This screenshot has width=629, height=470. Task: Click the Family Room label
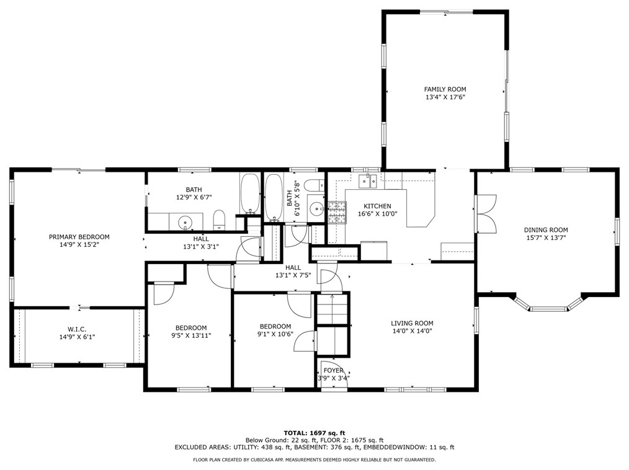pos(445,89)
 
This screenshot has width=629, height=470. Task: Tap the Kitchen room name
pos(377,206)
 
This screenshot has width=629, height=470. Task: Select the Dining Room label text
pos(546,230)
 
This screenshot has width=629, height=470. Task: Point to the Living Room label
pos(412,323)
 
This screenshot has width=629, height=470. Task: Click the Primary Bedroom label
pos(79,237)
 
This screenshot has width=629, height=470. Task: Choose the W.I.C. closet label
pos(77,329)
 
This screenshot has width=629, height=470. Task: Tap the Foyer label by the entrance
pos(333,371)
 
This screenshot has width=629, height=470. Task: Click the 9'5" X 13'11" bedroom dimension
pos(191,335)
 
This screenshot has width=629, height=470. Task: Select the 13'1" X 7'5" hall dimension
pos(293,275)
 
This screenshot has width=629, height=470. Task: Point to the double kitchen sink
pos(368,181)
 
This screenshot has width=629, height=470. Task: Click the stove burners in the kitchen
pos(337,213)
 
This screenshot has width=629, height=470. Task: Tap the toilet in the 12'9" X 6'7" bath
pos(218,219)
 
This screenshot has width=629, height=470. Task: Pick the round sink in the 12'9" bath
pos(185,221)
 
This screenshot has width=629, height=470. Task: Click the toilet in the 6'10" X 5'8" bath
pos(314,185)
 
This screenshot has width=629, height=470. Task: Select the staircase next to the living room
pos(332,309)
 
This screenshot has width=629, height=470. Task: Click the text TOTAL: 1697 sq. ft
pos(314,433)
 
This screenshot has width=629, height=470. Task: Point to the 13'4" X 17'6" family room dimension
pos(445,97)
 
